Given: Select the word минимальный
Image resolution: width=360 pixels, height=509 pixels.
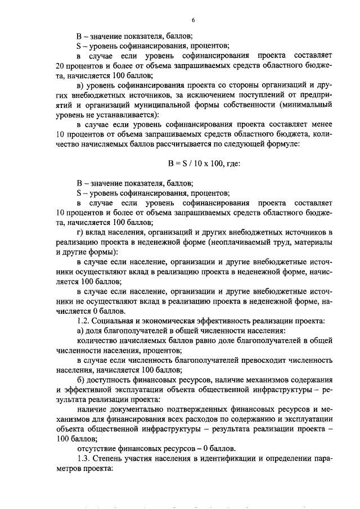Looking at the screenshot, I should pos(307,105).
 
